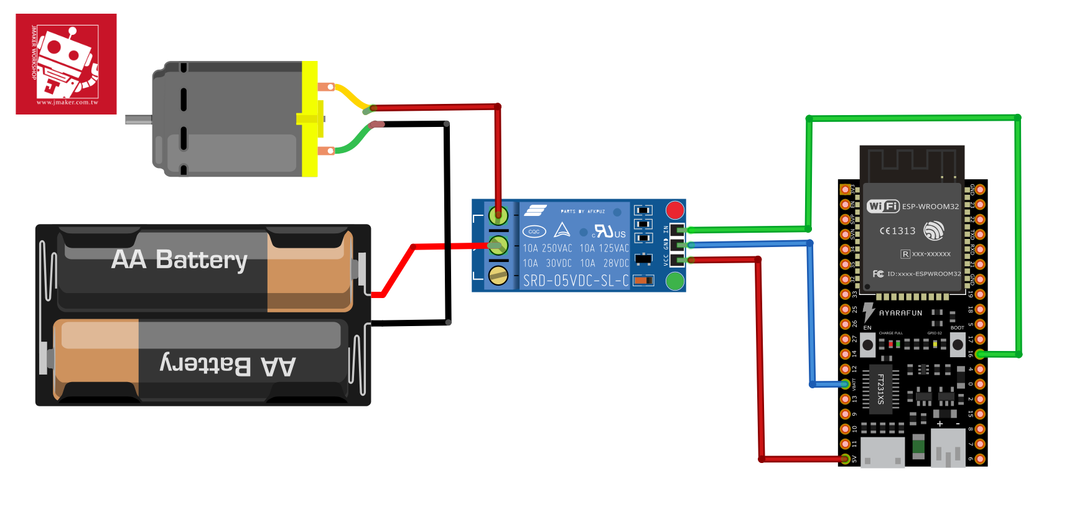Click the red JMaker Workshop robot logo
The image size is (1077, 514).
click(x=66, y=63)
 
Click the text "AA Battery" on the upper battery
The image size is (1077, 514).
click(x=179, y=259)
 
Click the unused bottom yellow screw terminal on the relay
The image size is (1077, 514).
click(x=498, y=275)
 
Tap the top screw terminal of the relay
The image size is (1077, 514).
click(x=498, y=215)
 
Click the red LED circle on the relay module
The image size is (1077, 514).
click(x=675, y=210)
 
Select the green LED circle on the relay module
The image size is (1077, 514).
click(x=675, y=281)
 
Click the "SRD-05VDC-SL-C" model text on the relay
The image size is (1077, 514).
click(x=576, y=281)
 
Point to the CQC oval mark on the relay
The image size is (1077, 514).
click(x=534, y=231)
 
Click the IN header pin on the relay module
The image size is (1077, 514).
click(x=677, y=230)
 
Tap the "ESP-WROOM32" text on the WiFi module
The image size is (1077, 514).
click(x=930, y=207)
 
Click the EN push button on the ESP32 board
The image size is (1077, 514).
click(x=867, y=344)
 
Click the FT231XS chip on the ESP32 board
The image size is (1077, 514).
click(x=880, y=389)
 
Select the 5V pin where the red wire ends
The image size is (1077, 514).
click(x=845, y=459)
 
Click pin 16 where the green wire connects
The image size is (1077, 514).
click(x=980, y=354)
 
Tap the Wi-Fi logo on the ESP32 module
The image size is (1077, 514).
click(x=883, y=206)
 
